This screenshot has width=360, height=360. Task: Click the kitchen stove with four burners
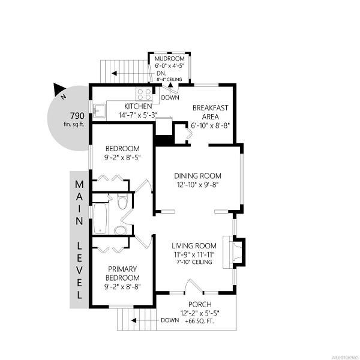coord(144,94)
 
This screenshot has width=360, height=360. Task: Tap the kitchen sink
coord(99,111)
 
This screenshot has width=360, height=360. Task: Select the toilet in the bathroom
coord(122,201)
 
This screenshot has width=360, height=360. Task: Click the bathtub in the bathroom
coord(100,218)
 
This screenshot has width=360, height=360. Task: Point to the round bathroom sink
coord(121,230)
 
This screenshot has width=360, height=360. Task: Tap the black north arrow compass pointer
coord(58,89)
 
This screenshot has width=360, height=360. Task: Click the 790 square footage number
coord(77,115)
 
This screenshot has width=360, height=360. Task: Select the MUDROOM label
coord(169,59)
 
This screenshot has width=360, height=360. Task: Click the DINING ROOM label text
coord(197,176)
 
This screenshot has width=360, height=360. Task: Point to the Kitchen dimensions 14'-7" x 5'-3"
coord(138,115)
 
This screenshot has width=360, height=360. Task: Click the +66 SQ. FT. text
coord(200,321)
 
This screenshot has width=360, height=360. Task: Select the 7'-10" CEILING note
coord(194,262)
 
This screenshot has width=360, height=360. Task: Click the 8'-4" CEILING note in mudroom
coord(169,79)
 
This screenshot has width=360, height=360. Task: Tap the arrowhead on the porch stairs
coord(134,320)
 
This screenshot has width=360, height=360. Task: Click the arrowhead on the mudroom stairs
coord(115,73)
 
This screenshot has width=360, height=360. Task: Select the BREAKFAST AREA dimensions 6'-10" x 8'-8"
coord(211,125)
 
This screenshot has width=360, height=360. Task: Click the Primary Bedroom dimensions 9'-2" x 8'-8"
coord(122,287)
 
